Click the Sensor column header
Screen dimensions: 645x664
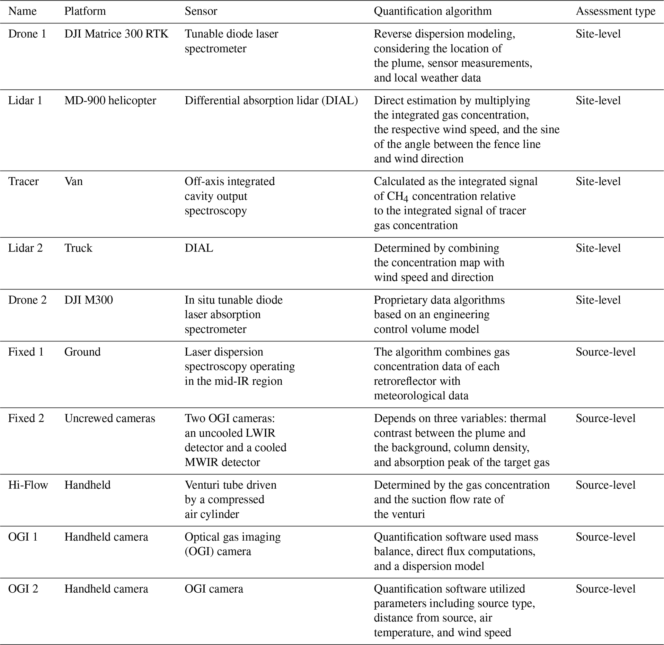tap(200, 11)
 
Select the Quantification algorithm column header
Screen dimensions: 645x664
tap(433, 11)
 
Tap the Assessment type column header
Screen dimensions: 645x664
tap(615, 11)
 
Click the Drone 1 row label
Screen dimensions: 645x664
tap(27, 34)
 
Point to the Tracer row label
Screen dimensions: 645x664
tap(23, 181)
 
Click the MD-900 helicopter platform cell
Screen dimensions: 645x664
tap(110, 101)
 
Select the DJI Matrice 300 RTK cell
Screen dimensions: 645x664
tap(116, 34)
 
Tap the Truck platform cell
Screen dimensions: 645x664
tap(78, 248)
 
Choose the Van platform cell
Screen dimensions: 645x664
tap(74, 181)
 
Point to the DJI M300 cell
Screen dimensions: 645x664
tap(88, 300)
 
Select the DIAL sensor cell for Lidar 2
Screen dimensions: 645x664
tap(199, 248)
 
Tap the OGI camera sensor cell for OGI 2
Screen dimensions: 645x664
tap(214, 589)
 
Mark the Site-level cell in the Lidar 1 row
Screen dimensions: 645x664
tap(598, 101)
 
